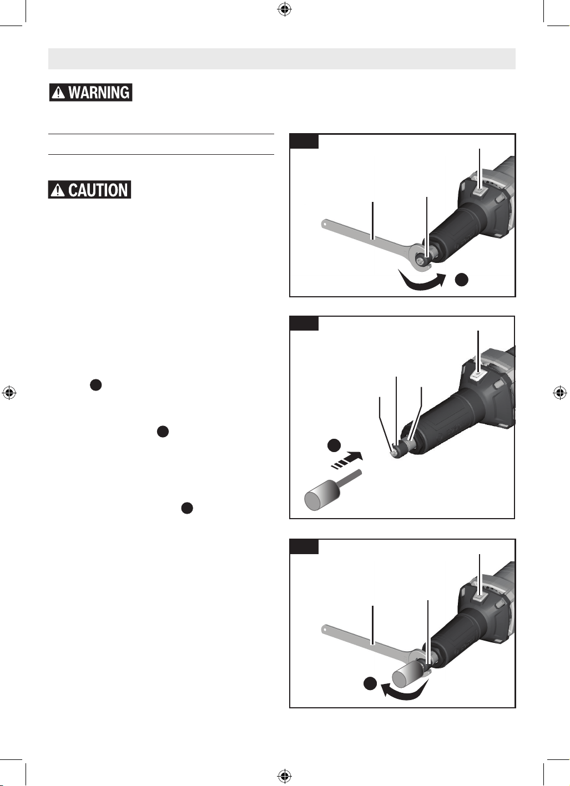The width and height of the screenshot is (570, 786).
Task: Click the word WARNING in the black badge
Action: tap(99, 93)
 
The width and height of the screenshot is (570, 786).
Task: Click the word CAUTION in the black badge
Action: tap(98, 190)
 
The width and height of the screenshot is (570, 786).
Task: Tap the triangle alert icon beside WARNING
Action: tap(58, 93)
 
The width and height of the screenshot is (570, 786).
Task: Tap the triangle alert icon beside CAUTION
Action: tap(58, 190)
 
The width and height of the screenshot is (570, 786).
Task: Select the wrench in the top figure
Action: tap(376, 246)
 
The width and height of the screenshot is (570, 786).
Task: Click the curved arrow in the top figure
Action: tap(421, 282)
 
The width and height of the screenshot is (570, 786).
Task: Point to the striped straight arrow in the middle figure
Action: tap(347, 460)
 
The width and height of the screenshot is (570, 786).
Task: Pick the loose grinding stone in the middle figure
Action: tap(331, 489)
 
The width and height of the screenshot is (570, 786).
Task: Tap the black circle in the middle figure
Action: tap(334, 445)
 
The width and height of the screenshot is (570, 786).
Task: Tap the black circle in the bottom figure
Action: tap(370, 683)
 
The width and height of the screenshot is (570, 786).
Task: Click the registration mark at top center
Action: tap(285, 9)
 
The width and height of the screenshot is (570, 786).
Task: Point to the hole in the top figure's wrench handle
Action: tap(326, 224)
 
